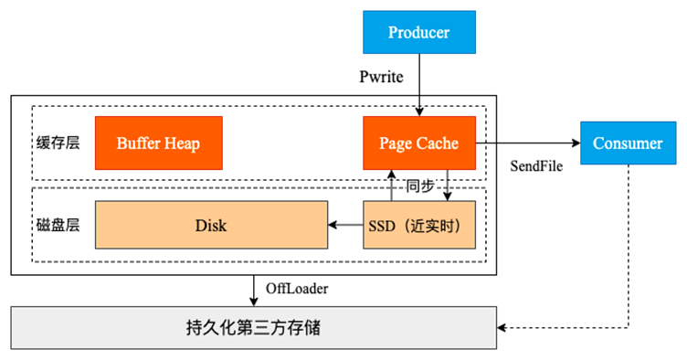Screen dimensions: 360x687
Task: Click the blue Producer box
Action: tap(419, 33)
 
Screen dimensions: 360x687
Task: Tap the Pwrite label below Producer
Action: tap(381, 78)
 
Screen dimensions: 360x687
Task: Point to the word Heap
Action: tap(181, 143)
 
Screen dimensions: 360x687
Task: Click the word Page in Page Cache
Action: tap(396, 143)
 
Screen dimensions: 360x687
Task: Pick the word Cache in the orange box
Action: tap(438, 143)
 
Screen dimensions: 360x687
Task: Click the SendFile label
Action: tap(535, 166)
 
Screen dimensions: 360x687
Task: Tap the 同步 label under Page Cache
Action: tap(420, 186)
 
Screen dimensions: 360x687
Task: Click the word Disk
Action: tap(211, 225)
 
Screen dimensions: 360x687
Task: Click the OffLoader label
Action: tap(297, 289)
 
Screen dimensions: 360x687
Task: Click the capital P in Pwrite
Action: tap(365, 78)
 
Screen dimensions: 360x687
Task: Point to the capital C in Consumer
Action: tap(598, 143)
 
